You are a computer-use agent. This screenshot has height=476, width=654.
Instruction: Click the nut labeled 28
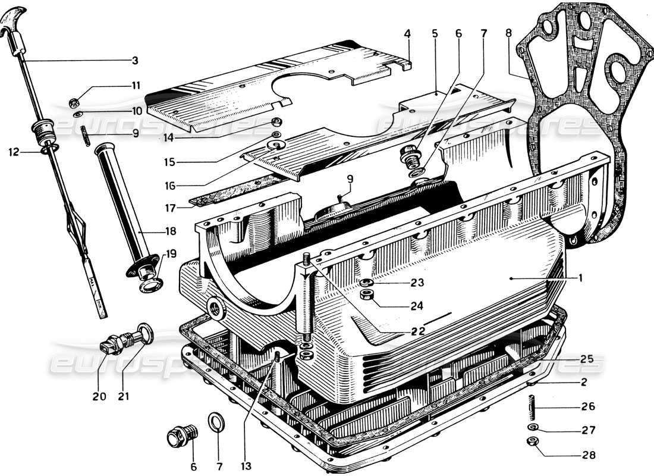532,457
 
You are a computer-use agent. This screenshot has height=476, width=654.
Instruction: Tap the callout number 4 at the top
407,35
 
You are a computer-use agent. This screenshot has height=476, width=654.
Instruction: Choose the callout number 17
170,208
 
